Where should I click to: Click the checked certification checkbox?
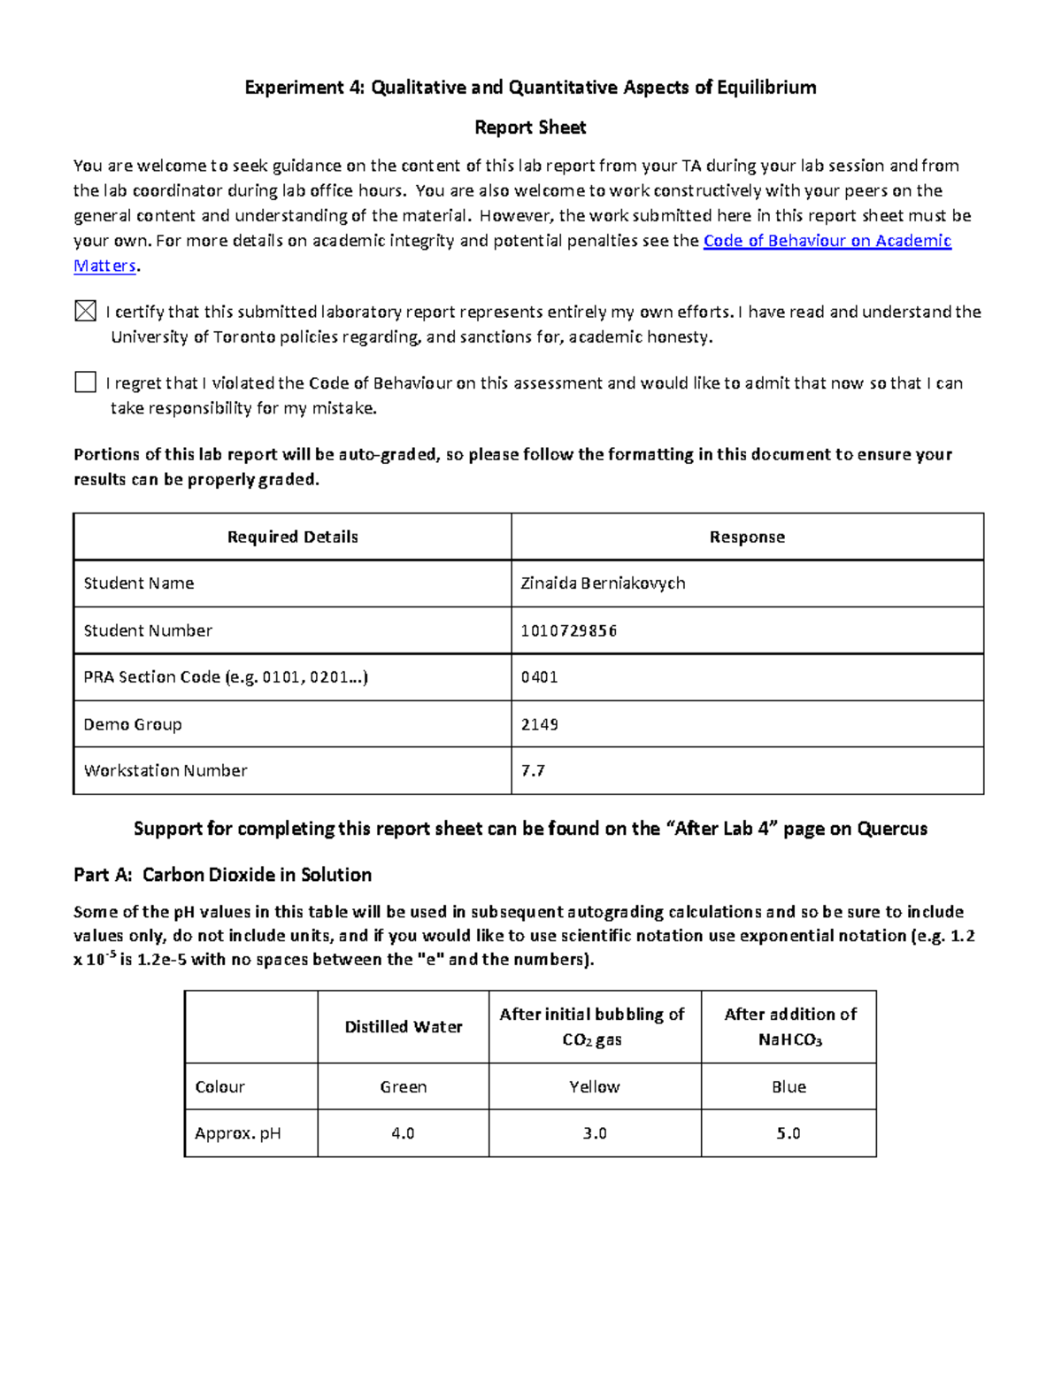(85, 311)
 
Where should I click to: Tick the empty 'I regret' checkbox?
(85, 382)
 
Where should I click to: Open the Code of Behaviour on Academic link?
(827, 241)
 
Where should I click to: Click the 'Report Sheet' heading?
(530, 127)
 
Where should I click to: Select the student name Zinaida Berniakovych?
(603, 583)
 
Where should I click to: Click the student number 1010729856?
(569, 630)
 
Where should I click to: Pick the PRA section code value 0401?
(539, 677)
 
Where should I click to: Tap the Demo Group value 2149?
(539, 724)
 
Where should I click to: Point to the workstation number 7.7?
(533, 770)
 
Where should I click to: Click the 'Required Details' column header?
(292, 537)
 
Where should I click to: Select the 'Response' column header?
(747, 537)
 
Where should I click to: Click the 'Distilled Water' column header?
(403, 1027)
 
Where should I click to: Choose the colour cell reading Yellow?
(594, 1086)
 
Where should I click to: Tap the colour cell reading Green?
(403, 1086)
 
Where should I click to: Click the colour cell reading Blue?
(789, 1086)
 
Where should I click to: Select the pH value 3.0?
(594, 1133)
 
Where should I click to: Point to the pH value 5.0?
(789, 1133)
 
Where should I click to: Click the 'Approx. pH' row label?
(237, 1133)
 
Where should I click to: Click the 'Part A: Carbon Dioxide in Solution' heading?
(222, 875)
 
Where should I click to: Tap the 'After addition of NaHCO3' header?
(789, 1027)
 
